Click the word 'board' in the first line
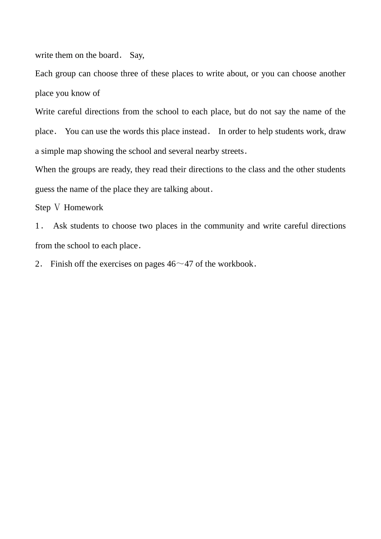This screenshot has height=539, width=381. [x=108, y=55]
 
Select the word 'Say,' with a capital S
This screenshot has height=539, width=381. [x=137, y=55]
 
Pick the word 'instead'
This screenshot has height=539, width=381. [x=193, y=132]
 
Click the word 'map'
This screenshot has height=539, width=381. [x=75, y=151]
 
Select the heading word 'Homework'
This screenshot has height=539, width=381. [x=83, y=208]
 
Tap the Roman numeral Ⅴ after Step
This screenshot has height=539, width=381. [x=57, y=208]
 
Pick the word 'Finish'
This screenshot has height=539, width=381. [x=62, y=264]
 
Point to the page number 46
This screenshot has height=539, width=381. [x=171, y=264]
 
